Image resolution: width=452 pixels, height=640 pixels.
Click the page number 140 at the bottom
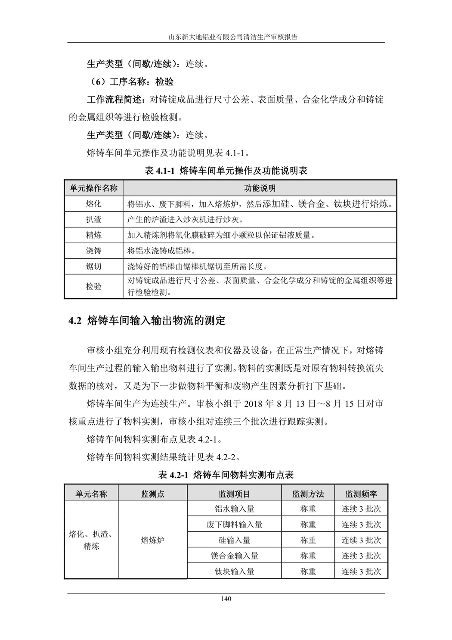click(226, 599)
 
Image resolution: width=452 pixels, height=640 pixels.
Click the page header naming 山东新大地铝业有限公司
click(226, 37)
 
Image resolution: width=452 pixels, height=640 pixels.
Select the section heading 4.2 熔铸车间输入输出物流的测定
click(147, 321)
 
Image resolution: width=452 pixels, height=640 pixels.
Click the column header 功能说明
click(260, 188)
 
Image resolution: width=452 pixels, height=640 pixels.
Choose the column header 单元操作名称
click(93, 188)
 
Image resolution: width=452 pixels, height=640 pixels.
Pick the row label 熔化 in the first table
click(93, 204)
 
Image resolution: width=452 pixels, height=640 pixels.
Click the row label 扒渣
click(93, 219)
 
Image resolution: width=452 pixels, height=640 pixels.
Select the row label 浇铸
click(93, 251)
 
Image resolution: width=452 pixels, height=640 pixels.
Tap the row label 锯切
click(93, 266)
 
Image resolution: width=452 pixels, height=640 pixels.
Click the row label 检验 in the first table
click(93, 286)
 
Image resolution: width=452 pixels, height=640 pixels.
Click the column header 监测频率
click(361, 494)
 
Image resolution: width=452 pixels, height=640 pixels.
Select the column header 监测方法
click(308, 494)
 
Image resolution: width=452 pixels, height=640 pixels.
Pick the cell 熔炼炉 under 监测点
click(152, 540)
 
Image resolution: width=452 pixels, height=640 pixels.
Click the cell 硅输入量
click(234, 540)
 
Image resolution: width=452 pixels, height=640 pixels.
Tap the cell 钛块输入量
click(234, 571)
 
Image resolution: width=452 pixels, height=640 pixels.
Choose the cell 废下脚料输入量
click(234, 524)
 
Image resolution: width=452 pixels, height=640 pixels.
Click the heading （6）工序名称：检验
click(130, 81)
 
